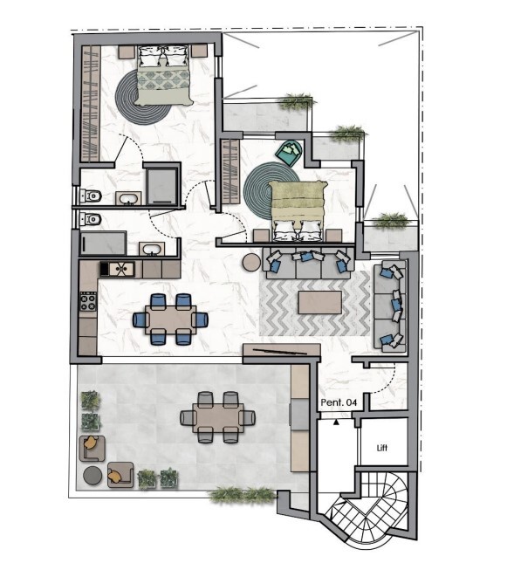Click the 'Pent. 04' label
pyautogui.click(x=339, y=402)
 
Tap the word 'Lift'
pyautogui.click(x=382, y=448)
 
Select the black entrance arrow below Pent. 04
pyautogui.click(x=336, y=422)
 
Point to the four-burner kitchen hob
pyautogui.click(x=88, y=301)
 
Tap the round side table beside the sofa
pyautogui.click(x=251, y=262)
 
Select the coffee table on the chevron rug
pyautogui.click(x=320, y=302)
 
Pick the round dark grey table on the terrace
pyautogui.click(x=92, y=476)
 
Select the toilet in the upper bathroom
pyautogui.click(x=91, y=196)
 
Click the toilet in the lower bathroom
pyautogui.click(x=91, y=220)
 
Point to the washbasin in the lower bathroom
pyautogui.click(x=152, y=249)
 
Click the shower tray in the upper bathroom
pyautogui.click(x=162, y=187)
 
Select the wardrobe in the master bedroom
pyautogui.click(x=90, y=103)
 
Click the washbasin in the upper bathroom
pyautogui.click(x=128, y=198)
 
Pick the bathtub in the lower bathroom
pyautogui.click(x=103, y=244)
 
